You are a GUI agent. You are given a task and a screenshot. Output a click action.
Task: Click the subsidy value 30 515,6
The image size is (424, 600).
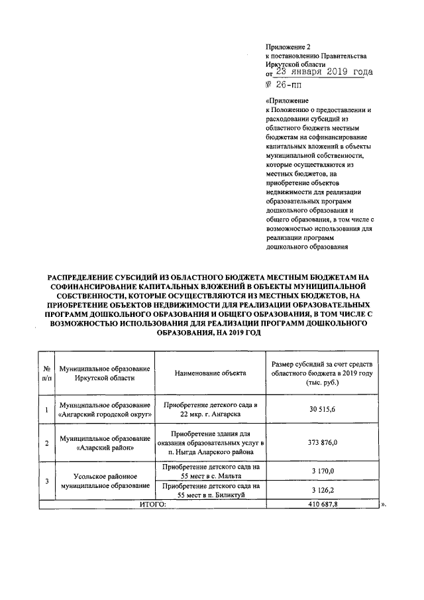[x=322, y=410]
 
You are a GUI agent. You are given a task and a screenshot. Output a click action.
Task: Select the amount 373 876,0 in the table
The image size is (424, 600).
[x=323, y=442]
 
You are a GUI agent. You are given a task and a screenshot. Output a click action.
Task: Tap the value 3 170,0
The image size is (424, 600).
[x=323, y=471]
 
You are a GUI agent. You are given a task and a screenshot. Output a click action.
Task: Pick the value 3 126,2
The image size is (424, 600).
[x=323, y=490]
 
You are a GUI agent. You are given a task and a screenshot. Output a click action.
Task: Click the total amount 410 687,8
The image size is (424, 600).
[x=323, y=505]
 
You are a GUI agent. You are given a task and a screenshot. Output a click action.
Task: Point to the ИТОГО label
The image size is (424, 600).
[x=152, y=505]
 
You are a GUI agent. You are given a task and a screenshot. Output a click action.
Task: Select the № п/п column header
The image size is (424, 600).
[x=46, y=373]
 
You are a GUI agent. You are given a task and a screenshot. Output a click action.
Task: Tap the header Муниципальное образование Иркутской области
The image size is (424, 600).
[x=105, y=373]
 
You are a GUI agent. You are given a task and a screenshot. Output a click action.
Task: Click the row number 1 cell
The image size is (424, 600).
[x=46, y=410]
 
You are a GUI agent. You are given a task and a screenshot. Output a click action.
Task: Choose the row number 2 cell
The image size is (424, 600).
[x=46, y=442]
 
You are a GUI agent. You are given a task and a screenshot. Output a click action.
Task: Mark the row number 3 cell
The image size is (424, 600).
[x=46, y=480]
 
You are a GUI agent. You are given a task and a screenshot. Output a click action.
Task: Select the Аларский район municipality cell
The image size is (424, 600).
[x=105, y=442]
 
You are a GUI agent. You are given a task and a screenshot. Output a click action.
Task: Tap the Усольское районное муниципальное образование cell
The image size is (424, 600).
[x=105, y=481]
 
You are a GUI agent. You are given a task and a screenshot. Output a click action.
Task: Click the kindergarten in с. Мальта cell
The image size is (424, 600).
[x=210, y=471]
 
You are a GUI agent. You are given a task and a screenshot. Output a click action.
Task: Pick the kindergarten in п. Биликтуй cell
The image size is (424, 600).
[x=210, y=490]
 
